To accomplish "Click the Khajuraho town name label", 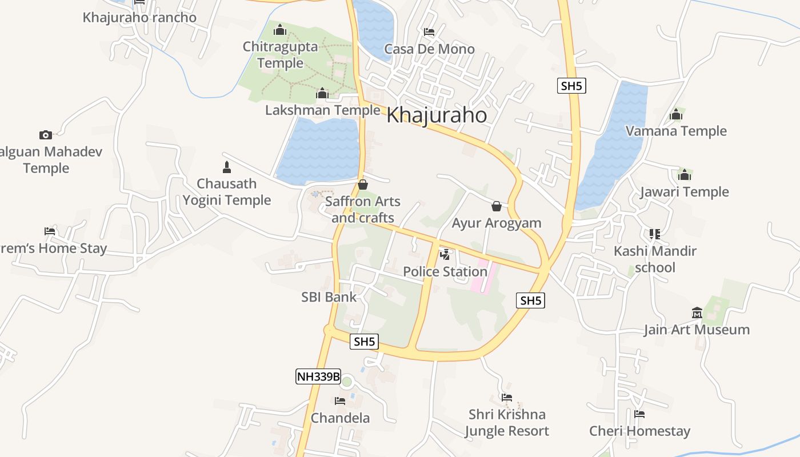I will [x=437, y=115].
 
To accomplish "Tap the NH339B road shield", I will [x=318, y=376].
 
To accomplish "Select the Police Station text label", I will [x=445, y=271].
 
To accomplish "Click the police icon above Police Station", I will [x=445, y=255].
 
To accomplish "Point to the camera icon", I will [x=46, y=135].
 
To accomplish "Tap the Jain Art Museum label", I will [x=697, y=330].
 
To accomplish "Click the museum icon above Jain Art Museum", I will [x=697, y=312].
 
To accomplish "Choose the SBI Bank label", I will [x=329, y=297].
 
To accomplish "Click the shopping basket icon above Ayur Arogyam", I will [x=497, y=206].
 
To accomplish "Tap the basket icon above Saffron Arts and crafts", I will [x=362, y=185].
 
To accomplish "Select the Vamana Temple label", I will [x=676, y=131].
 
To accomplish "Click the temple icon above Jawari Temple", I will [x=685, y=175].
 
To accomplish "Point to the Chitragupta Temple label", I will [x=280, y=55].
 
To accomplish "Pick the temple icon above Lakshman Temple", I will [x=322, y=93].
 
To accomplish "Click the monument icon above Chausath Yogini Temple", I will [x=227, y=167].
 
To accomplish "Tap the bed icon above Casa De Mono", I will [x=429, y=32].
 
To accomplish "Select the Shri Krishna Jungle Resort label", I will [x=506, y=422].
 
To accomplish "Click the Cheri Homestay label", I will [x=639, y=431].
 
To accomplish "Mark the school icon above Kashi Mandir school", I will [x=655, y=234].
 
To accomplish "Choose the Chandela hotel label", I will [x=340, y=418].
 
